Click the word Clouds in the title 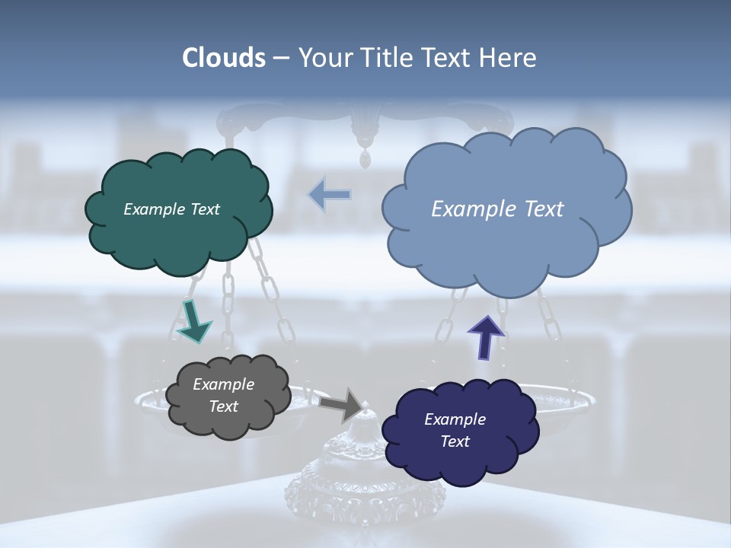coord(224,58)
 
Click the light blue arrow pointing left coord(330,195)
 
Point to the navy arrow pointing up coord(486,336)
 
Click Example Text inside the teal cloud coord(171,209)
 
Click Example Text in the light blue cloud coord(497,209)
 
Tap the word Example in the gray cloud coord(223,384)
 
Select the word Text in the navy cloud coord(455,441)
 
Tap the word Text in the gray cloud coord(223,406)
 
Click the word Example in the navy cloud coord(455,419)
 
